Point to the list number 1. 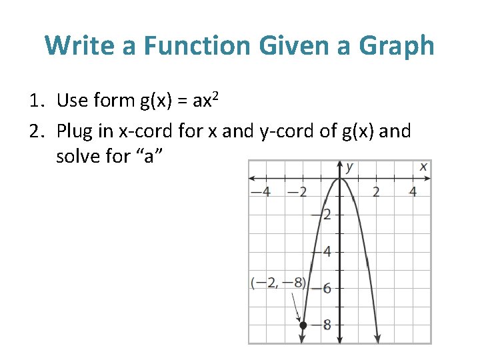coord(35,101)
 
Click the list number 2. coord(35,131)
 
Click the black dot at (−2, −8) coord(303,325)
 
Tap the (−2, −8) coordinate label coord(278,283)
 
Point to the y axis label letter coord(349,167)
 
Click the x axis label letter coord(423,167)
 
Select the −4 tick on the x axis coord(260,193)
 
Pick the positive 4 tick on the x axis coord(413,193)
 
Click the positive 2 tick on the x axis coord(376,193)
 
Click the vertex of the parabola coord(341,178)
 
